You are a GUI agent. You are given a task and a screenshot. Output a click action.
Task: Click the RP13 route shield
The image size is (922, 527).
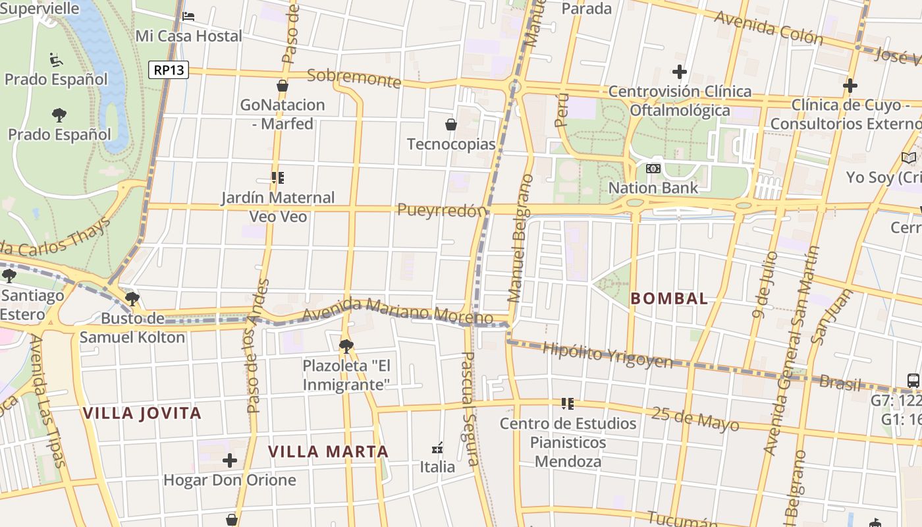tap(169, 69)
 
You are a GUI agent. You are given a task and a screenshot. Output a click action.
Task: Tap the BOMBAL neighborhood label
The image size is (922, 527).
tap(669, 298)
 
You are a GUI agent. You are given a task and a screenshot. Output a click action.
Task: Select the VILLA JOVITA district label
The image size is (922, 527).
tap(142, 413)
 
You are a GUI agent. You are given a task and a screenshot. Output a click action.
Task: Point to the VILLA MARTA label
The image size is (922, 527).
tap(328, 451)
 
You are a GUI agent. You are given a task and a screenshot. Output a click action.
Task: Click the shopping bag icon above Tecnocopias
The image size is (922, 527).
tap(451, 125)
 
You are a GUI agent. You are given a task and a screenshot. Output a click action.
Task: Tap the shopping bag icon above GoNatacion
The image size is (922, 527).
tap(283, 86)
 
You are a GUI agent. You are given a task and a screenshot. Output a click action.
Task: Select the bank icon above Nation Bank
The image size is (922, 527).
tap(653, 169)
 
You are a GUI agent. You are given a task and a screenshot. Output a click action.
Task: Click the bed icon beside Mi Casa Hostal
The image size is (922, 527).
tap(188, 16)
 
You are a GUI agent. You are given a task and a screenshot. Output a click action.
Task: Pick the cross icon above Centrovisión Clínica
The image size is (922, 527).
tap(680, 72)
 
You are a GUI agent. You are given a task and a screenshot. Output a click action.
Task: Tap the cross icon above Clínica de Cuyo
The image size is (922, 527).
tap(850, 86)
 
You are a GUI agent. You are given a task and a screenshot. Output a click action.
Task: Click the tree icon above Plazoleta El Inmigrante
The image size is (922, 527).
tap(346, 346)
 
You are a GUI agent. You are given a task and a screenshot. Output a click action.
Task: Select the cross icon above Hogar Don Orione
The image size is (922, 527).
tap(229, 460)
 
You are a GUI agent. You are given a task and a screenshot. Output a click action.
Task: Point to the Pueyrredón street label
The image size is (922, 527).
tap(443, 210)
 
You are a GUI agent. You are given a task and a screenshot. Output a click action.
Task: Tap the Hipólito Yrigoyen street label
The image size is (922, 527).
tap(607, 355)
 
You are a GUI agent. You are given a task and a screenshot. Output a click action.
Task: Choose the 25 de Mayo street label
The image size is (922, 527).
tap(695, 418)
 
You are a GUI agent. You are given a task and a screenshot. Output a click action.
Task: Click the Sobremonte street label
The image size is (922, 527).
tap(354, 78)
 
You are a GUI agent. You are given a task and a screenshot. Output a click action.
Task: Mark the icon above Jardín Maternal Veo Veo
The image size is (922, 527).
tap(278, 178)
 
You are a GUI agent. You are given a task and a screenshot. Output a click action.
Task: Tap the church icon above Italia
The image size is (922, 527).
tap(437, 448)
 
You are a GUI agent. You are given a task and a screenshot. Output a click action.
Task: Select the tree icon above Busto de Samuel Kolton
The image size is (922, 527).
tap(132, 299)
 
